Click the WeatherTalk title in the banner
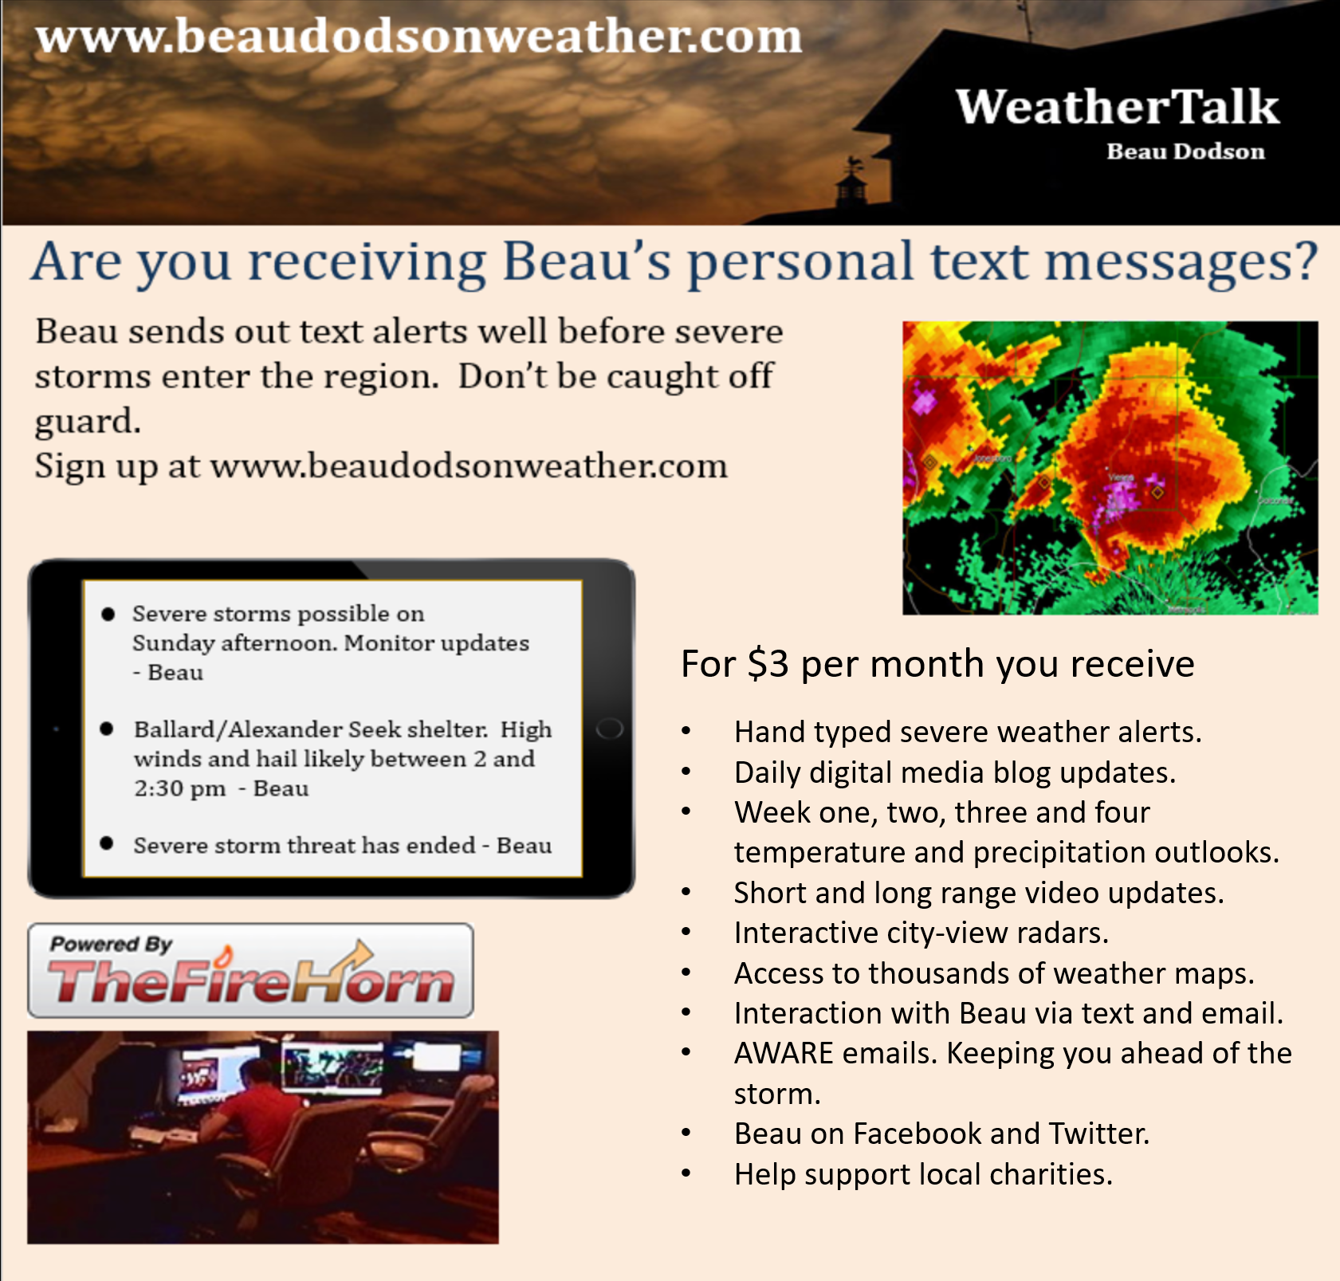[1118, 107]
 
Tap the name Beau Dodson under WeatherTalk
[1185, 151]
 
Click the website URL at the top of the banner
[419, 37]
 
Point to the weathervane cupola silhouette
[851, 184]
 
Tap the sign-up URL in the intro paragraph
[469, 466]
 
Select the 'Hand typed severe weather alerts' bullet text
[968, 732]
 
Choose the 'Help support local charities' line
[923, 1174]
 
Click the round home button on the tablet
[609, 729]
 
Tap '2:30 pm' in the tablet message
[180, 788]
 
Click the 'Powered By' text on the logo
[112, 945]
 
